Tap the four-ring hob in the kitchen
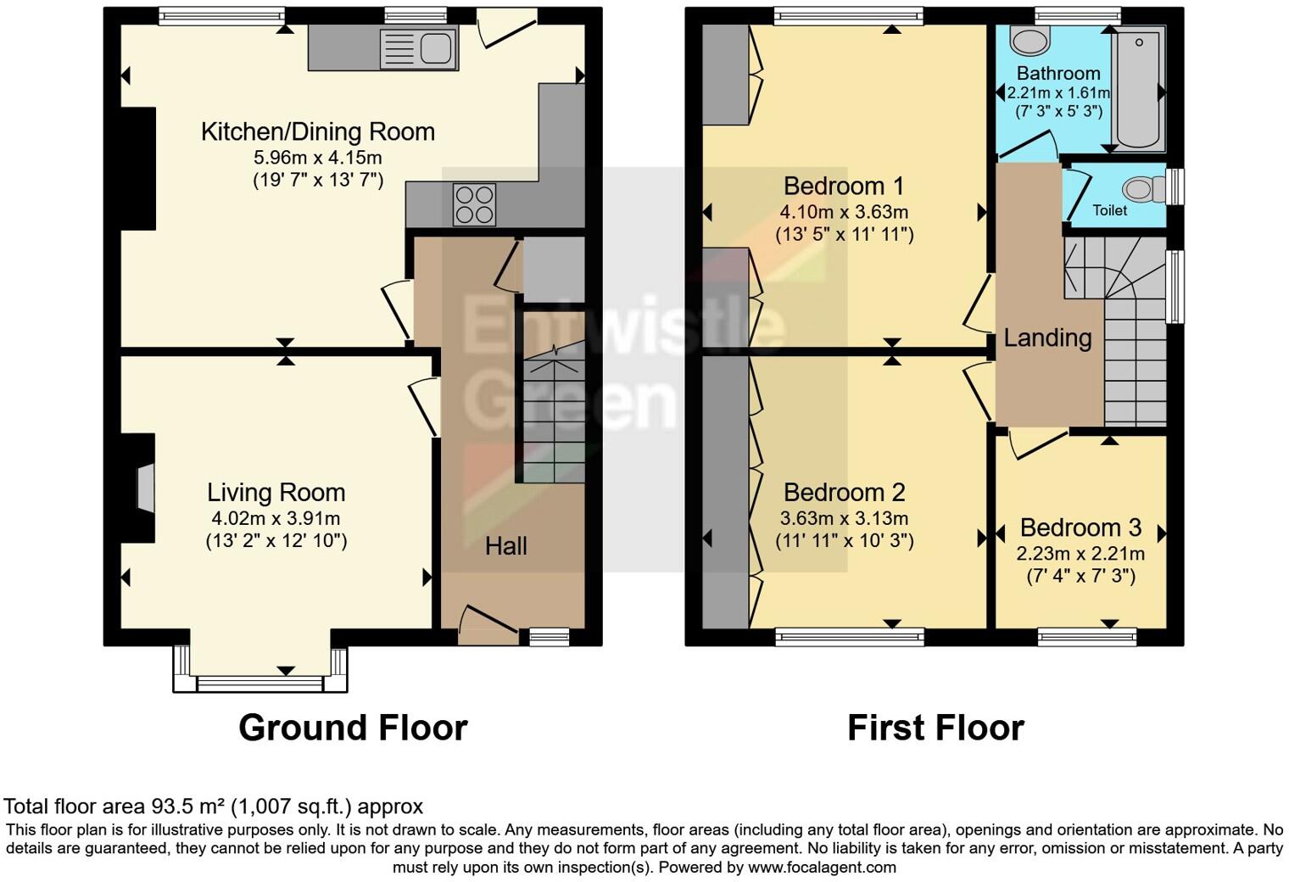click(474, 204)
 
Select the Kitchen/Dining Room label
click(318, 131)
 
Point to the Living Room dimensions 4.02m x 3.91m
click(276, 518)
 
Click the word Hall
click(506, 546)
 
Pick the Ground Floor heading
click(353, 728)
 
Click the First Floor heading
click(935, 728)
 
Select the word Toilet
click(1109, 209)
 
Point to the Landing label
click(1047, 338)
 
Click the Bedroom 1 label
click(844, 186)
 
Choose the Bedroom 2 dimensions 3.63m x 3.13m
click(844, 518)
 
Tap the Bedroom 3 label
click(1080, 528)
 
